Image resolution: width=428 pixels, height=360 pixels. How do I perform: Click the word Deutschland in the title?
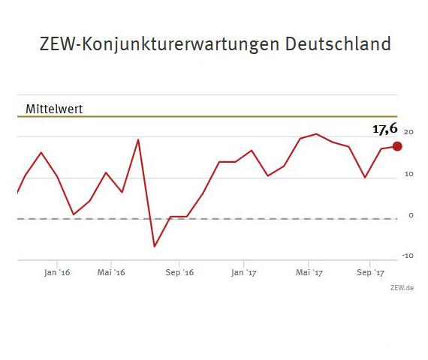pos(339,43)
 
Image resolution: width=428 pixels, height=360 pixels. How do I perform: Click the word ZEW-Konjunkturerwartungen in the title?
pos(160,43)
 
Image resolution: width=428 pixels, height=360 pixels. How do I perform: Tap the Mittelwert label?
pos(53,108)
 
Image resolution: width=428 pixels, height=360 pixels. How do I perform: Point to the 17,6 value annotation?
pos(385,129)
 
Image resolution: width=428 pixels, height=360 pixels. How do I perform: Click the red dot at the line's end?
pos(397,146)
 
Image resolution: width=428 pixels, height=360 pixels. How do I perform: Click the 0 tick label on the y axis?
pos(411,215)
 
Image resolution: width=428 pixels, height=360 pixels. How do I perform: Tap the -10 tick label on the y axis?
pos(408,256)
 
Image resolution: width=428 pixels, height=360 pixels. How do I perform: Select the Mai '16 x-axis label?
pos(110,273)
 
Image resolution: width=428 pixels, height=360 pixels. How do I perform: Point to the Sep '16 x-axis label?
pos(179,273)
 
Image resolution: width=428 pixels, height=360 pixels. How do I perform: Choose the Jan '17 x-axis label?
pos(244,273)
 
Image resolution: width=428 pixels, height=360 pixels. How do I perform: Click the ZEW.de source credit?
pos(402,287)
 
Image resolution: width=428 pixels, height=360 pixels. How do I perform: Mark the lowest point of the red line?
pos(155,246)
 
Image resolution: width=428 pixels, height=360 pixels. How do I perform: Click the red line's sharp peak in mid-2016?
pos(138,139)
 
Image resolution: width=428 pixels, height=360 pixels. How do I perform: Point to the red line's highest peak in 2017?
pos(316,134)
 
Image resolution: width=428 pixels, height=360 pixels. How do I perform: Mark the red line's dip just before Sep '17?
pos(365,178)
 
